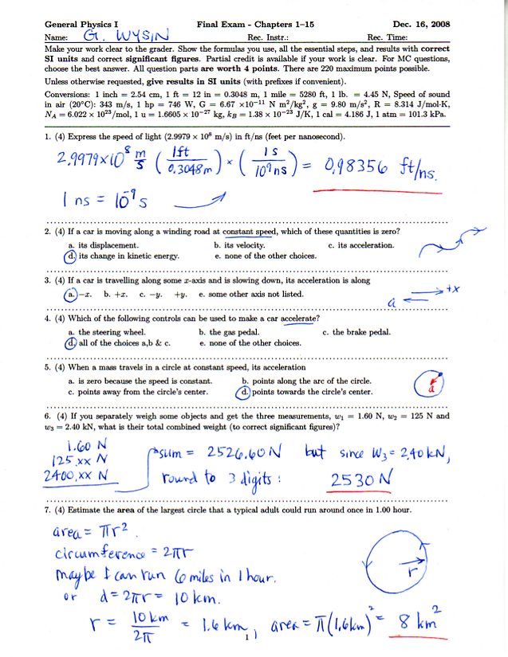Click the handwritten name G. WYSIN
132,37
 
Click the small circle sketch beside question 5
431,386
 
